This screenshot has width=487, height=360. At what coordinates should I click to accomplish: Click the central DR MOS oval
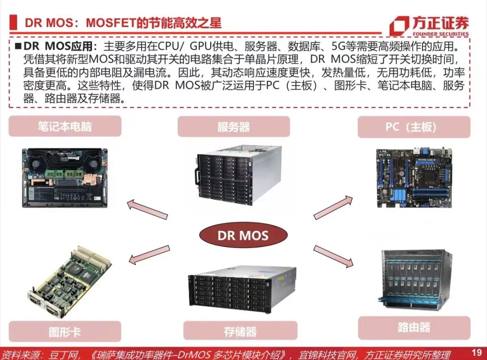(243, 235)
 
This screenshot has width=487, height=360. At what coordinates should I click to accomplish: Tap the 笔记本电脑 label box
(65, 126)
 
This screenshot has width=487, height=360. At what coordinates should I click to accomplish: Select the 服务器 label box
(233, 127)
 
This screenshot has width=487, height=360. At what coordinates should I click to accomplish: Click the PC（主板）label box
(413, 127)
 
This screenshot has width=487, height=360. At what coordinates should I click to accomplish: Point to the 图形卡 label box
(65, 332)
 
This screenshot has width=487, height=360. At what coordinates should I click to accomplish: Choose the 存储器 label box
(240, 332)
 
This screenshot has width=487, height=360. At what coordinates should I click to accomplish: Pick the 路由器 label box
(413, 327)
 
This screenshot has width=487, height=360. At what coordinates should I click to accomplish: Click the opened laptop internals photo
(65, 177)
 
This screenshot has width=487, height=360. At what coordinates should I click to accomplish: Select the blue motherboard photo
(414, 178)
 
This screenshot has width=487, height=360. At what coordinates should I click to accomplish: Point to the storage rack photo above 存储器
(242, 289)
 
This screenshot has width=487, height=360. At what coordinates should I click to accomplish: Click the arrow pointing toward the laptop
(147, 210)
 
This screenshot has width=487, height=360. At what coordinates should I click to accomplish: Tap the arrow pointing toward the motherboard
(333, 208)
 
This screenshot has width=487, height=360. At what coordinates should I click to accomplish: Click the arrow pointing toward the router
(333, 256)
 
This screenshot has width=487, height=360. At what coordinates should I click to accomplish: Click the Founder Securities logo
(429, 26)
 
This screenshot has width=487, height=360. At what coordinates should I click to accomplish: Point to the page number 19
(477, 352)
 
